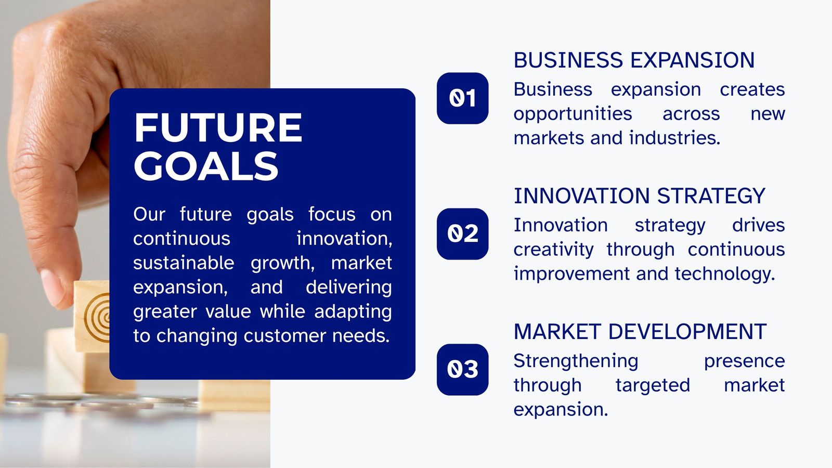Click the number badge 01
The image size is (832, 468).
pyautogui.click(x=462, y=98)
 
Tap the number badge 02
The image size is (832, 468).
pyautogui.click(x=462, y=233)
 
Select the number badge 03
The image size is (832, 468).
pyautogui.click(x=462, y=370)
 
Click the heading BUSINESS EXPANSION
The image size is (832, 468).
pyautogui.click(x=634, y=60)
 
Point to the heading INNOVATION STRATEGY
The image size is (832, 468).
pyautogui.click(x=639, y=196)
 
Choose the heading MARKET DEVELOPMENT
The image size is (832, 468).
pyautogui.click(x=640, y=331)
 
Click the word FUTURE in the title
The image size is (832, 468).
pyautogui.click(x=218, y=127)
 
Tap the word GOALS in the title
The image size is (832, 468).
pyautogui.click(x=206, y=166)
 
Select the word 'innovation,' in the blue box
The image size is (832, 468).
pyautogui.click(x=344, y=239)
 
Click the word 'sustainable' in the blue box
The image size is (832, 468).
pyautogui.click(x=184, y=263)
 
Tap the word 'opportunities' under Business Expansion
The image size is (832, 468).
pyautogui.click(x=573, y=114)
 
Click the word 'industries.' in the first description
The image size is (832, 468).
pyautogui.click(x=674, y=138)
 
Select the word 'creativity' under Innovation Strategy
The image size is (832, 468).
pyautogui.click(x=553, y=250)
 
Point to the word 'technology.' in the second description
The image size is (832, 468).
pyautogui.click(x=725, y=274)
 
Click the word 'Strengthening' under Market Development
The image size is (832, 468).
pyautogui.click(x=576, y=361)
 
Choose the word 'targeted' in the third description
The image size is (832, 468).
pyautogui.click(x=653, y=385)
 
